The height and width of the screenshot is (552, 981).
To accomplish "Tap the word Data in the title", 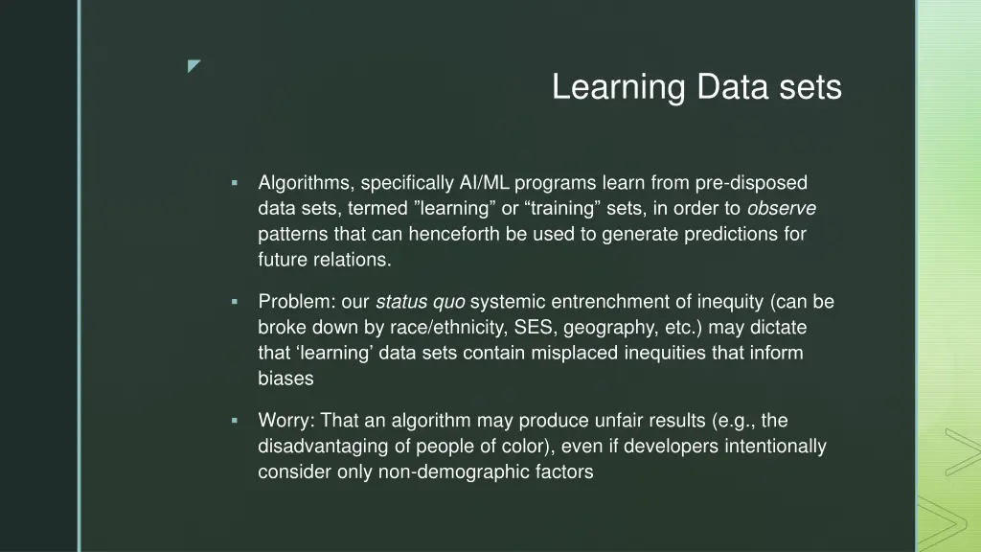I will tap(730, 88).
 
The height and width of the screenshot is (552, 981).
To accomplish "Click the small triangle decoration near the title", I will tap(194, 66).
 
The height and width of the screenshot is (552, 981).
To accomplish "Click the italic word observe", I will tap(781, 208).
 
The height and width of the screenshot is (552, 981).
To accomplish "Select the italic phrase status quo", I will tap(421, 302).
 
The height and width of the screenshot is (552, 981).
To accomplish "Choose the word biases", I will tap(285, 379).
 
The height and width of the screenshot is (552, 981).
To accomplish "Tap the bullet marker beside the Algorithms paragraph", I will tap(234, 183).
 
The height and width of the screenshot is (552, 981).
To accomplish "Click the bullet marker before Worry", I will tap(234, 421).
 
